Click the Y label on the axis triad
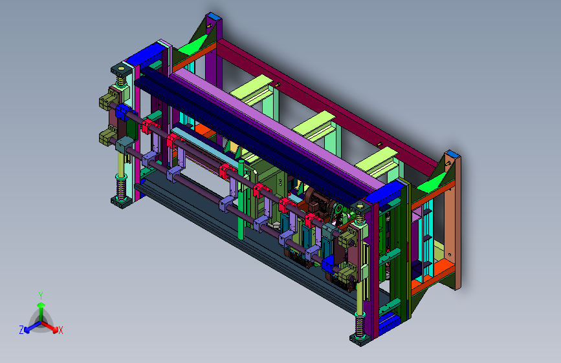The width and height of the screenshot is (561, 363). point(41,296)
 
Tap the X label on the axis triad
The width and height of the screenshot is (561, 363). point(60,331)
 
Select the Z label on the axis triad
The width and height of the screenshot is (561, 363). point(21,330)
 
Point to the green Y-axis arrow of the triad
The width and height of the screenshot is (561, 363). point(41,311)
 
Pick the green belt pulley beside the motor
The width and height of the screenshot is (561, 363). point(338,209)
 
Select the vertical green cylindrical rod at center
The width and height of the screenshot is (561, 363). point(241,200)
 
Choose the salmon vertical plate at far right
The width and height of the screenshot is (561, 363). point(452,222)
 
